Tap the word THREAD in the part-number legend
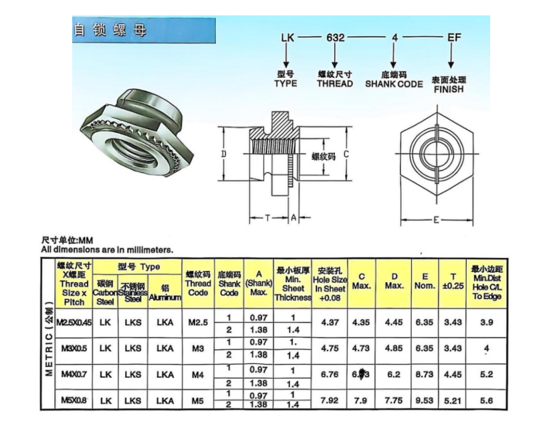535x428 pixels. coord(334,84)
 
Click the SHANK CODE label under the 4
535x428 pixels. coord(394,84)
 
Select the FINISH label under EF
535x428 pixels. coord(448,88)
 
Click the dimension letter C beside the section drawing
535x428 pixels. coord(346,154)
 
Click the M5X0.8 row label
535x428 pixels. coord(72,400)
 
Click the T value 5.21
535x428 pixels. coord(453,400)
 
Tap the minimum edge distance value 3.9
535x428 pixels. coord(487,322)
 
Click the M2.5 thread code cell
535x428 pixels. coord(197,322)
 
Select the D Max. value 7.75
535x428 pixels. coord(395,400)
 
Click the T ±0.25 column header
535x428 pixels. coord(453,280)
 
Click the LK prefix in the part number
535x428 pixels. coord(289,38)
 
